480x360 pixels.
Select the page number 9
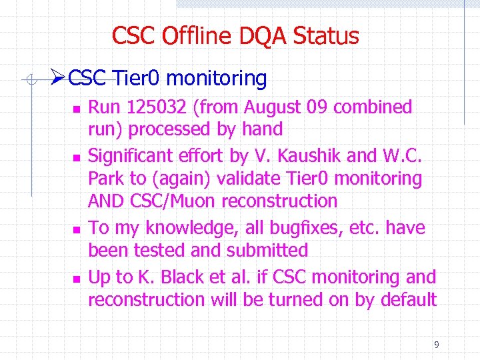coord(436,345)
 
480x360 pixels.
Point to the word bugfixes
coord(312,228)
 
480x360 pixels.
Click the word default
coord(408,300)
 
